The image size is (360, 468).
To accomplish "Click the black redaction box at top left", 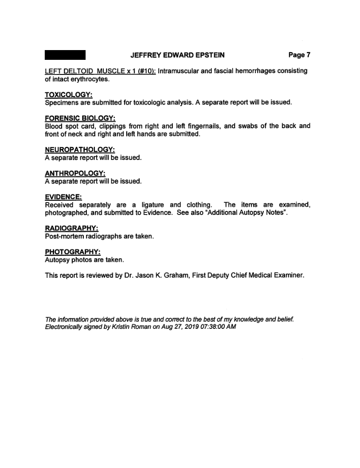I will tap(65, 55).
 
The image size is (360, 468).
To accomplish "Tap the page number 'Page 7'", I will tap(299, 55).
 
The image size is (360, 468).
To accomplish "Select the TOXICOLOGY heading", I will tap(68, 95).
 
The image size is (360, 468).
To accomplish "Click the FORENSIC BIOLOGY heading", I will tap(80, 118).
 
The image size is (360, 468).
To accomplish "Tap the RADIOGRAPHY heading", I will tap(71, 228).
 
